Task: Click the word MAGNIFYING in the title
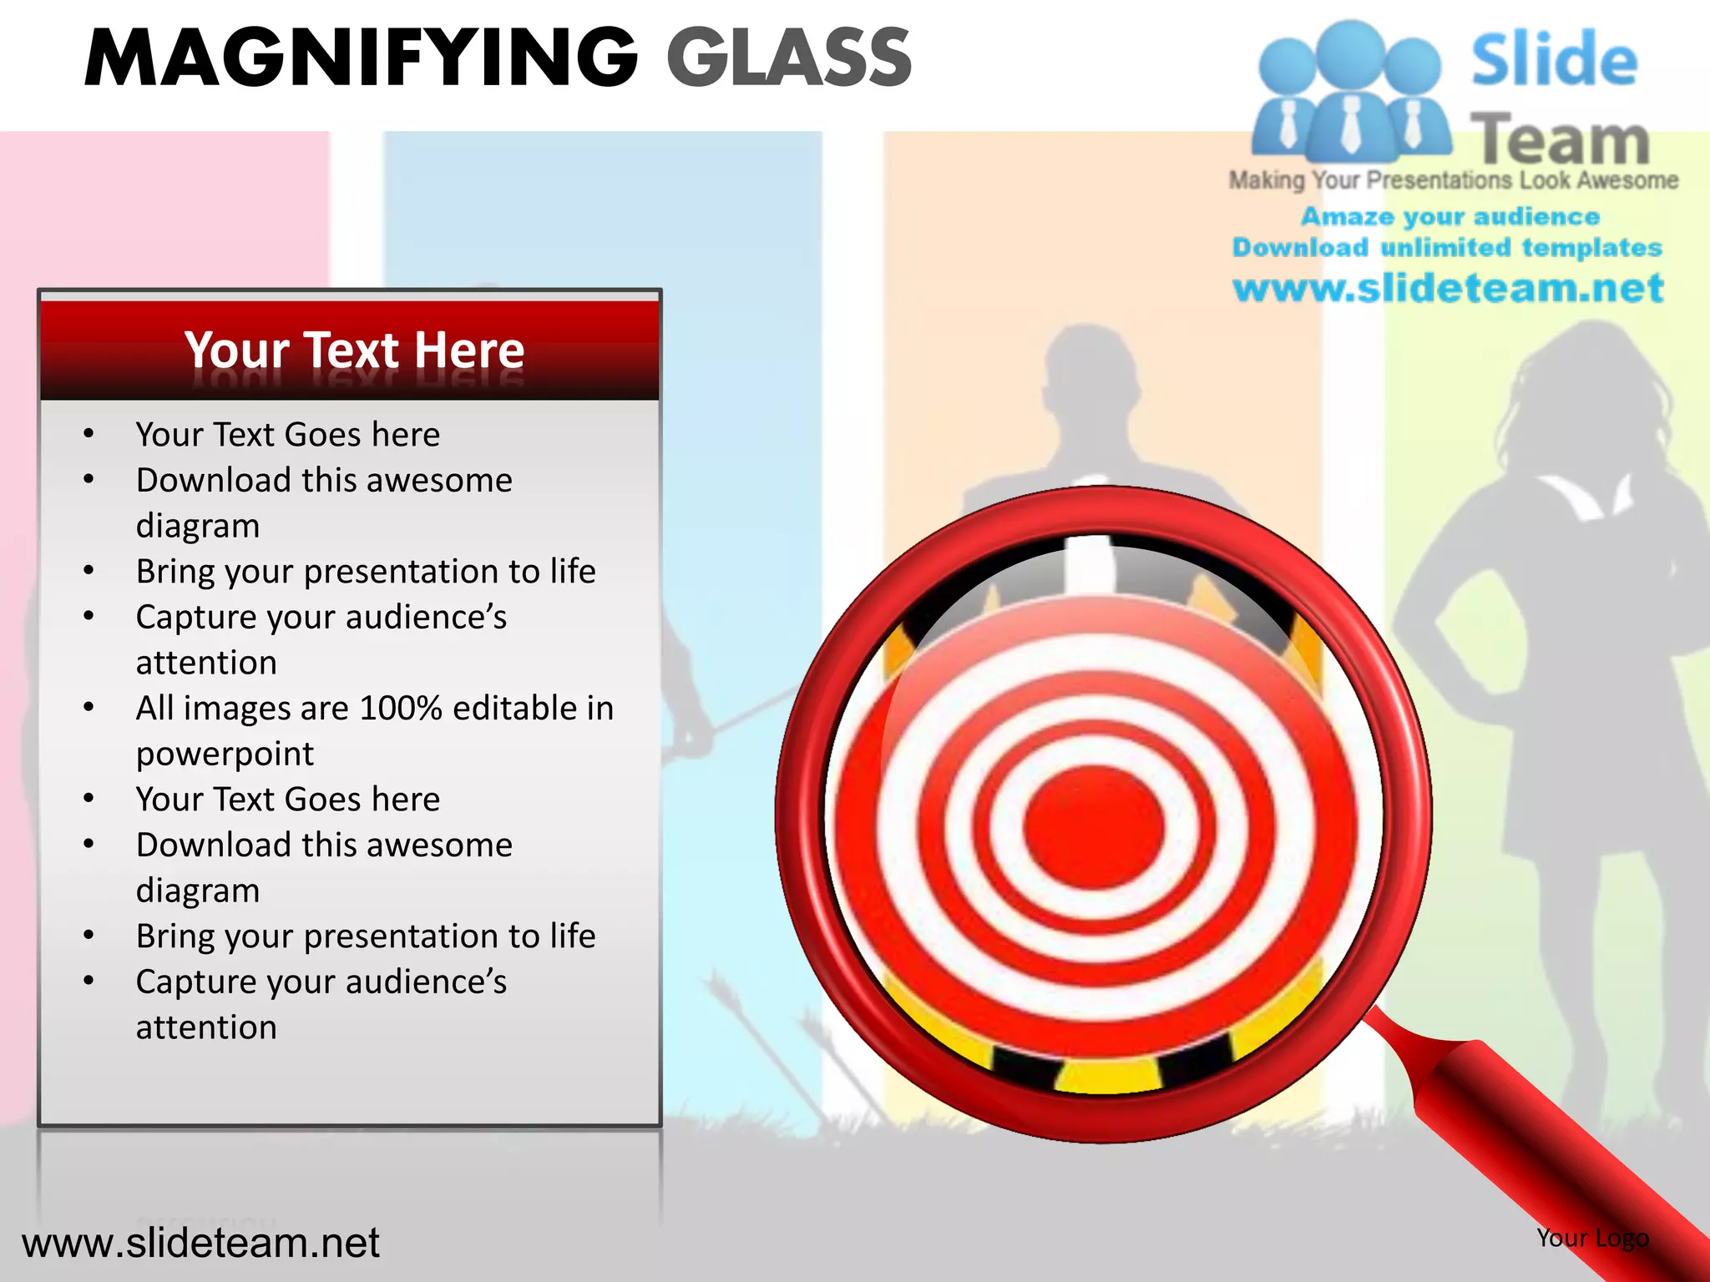coord(361,58)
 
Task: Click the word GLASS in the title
coord(788,58)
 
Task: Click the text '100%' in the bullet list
coord(400,709)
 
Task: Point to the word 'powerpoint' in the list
coord(225,755)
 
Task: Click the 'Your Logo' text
coord(1592,1238)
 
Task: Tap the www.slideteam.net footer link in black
coord(200,1243)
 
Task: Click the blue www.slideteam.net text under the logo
coord(1448,289)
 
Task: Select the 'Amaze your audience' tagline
coord(1450,217)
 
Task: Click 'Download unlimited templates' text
coord(1447,248)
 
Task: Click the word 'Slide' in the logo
coord(1554,59)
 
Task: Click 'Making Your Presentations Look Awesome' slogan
coord(1453,180)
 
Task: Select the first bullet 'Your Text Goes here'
coord(287,435)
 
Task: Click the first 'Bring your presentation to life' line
coord(366,572)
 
